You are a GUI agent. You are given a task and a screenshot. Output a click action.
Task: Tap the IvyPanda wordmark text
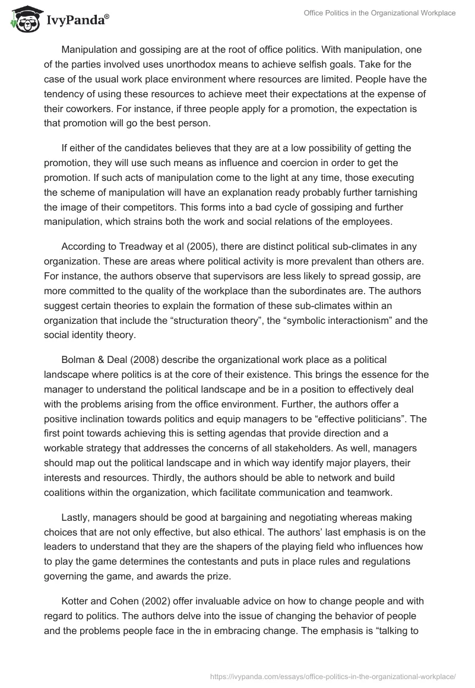point(77,21)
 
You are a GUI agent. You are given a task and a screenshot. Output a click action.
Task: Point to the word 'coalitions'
point(66,492)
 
